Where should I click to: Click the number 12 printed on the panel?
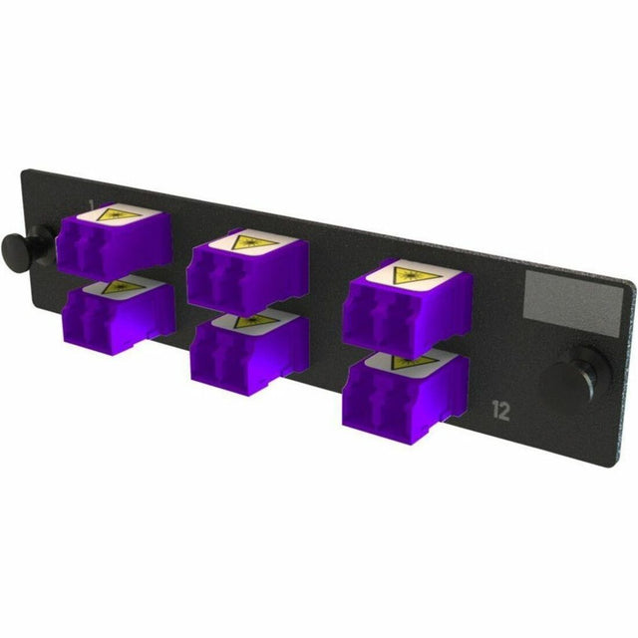click(500, 407)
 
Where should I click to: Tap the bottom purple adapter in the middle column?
click(249, 344)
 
